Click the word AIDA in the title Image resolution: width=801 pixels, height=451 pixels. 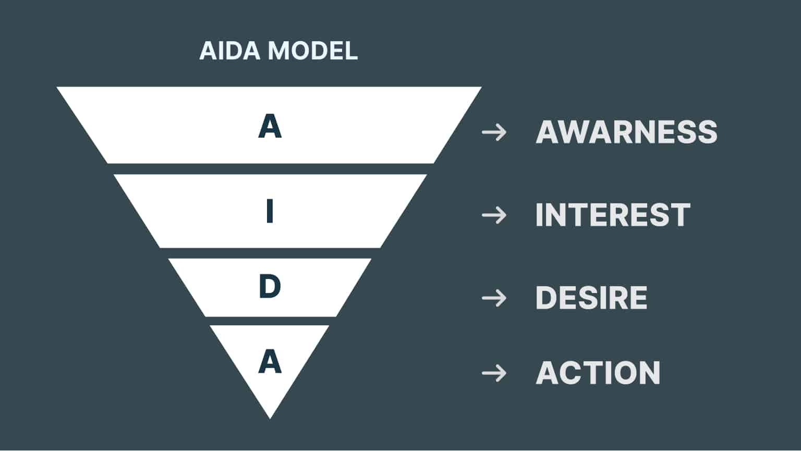[x=229, y=51]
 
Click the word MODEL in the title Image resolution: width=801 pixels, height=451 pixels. [x=313, y=51]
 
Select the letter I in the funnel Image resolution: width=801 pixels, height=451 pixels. [x=270, y=211]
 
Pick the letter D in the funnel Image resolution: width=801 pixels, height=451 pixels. [x=270, y=286]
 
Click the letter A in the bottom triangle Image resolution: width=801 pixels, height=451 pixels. [x=270, y=361]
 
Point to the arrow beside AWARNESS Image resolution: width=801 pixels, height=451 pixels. [x=494, y=132]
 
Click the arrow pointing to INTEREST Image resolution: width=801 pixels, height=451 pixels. [x=494, y=215]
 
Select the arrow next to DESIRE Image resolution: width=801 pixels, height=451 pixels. [x=494, y=298]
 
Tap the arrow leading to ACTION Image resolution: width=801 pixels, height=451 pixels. [x=494, y=373]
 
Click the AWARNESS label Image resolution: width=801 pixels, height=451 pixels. [x=626, y=132]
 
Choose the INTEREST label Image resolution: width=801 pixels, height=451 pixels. [x=613, y=215]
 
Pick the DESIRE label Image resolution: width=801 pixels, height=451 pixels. [x=591, y=298]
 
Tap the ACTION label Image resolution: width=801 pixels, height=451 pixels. [x=598, y=373]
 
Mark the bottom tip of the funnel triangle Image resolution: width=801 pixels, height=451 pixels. [x=270, y=419]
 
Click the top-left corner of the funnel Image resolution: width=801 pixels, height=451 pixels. [x=57, y=87]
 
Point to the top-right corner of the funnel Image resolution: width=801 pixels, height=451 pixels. [x=481, y=87]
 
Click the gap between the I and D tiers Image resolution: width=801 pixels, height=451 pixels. [x=270, y=253]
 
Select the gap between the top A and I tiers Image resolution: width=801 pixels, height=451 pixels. [x=270, y=169]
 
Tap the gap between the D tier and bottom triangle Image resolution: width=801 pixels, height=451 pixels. [x=270, y=321]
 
